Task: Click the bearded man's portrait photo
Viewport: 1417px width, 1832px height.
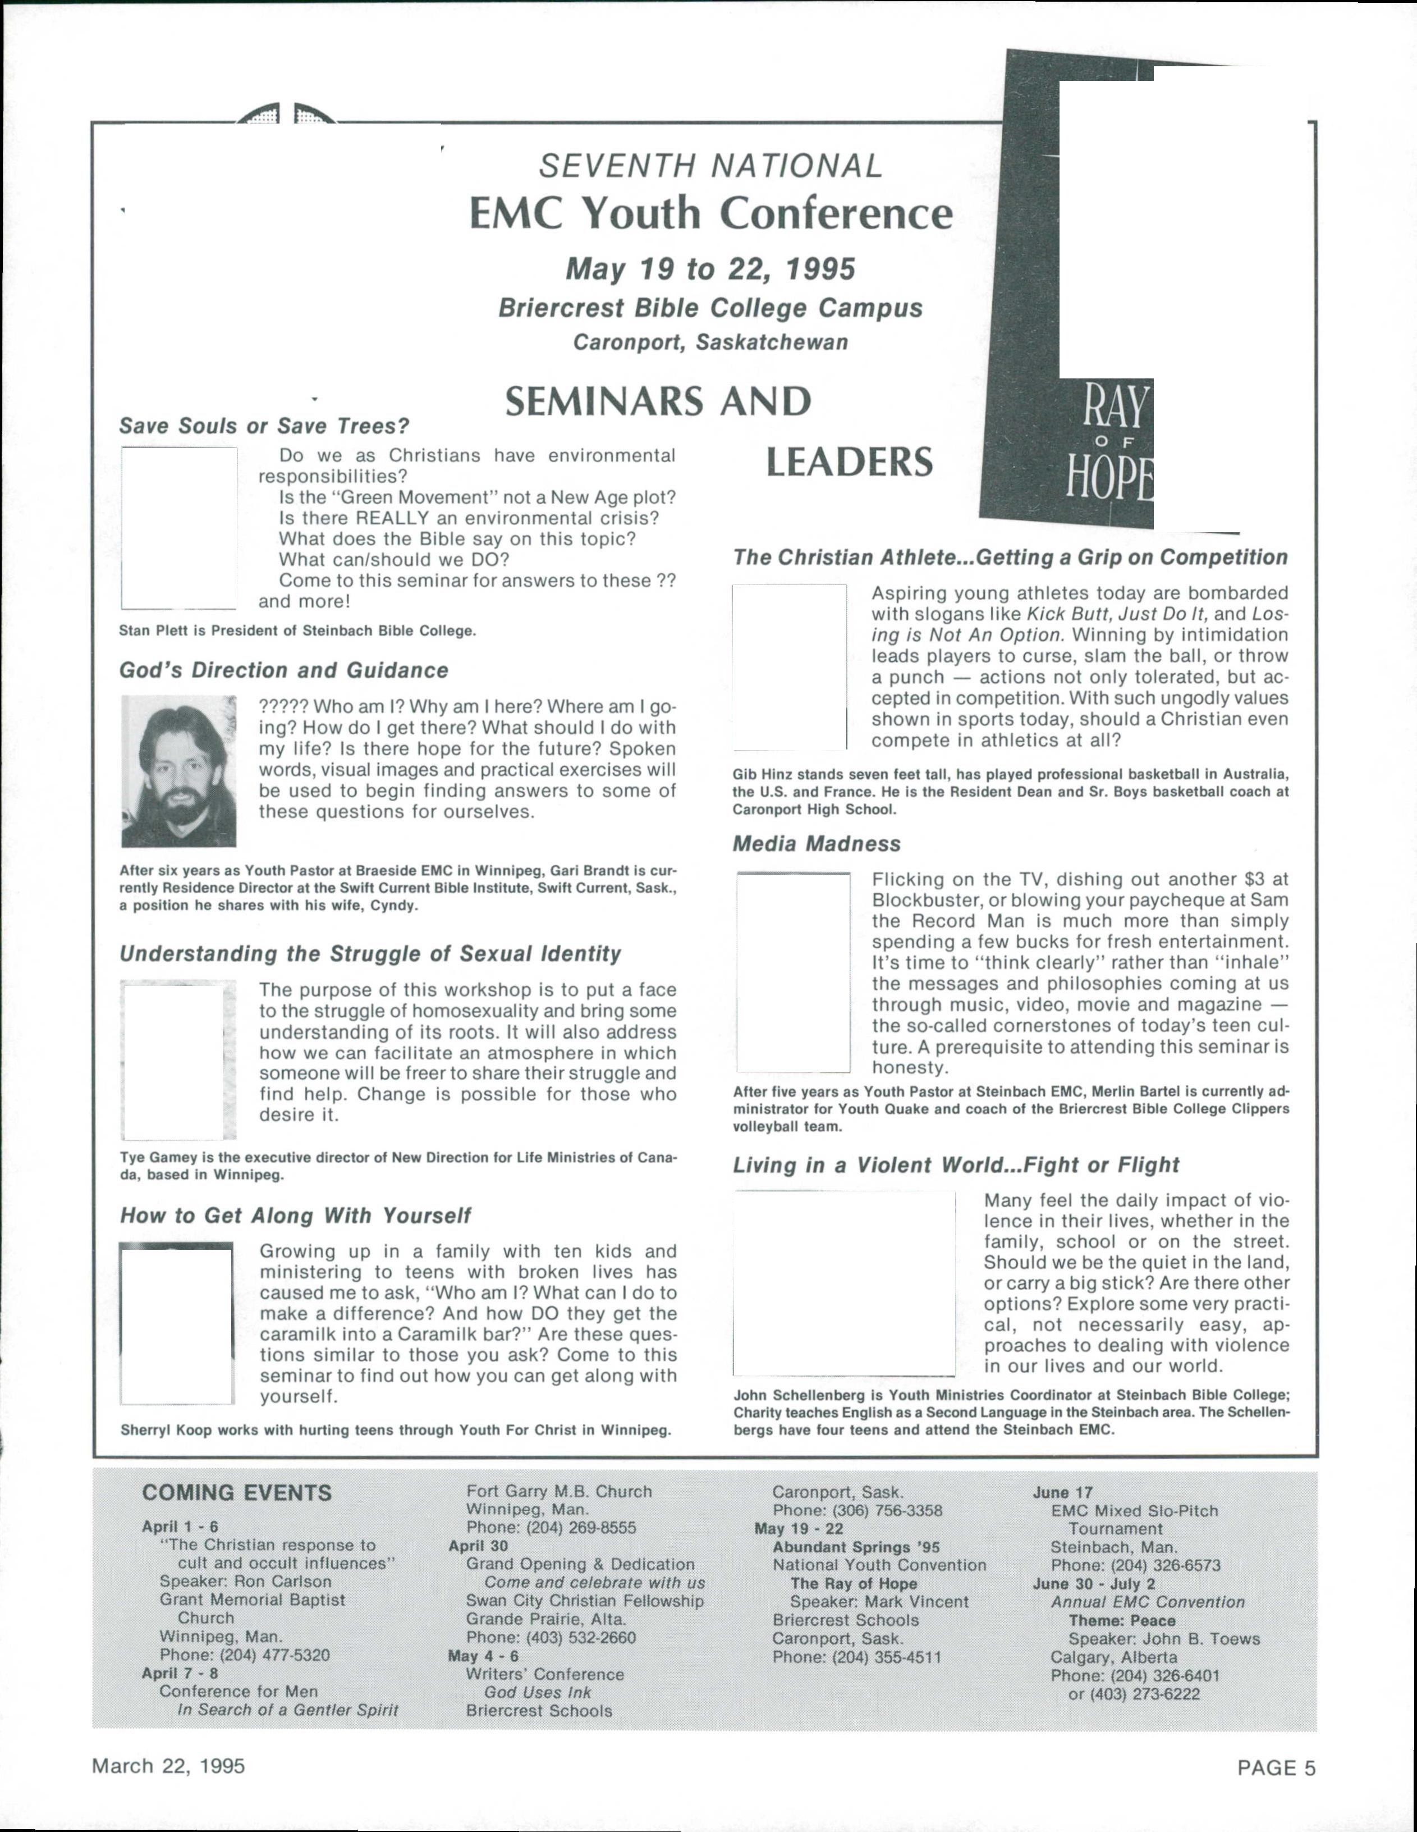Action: coord(178,771)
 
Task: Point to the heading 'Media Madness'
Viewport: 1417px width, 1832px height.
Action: coord(817,844)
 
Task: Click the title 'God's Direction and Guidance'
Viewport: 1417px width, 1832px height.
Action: coord(283,670)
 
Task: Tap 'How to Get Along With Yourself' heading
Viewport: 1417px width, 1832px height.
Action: coord(295,1216)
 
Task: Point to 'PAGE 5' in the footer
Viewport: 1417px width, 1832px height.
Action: coord(1276,1768)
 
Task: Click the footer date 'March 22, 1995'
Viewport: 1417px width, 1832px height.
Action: coord(168,1766)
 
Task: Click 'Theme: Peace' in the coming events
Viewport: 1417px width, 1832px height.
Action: coord(1121,1620)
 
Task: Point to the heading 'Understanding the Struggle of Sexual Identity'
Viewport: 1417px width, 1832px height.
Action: coord(370,954)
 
